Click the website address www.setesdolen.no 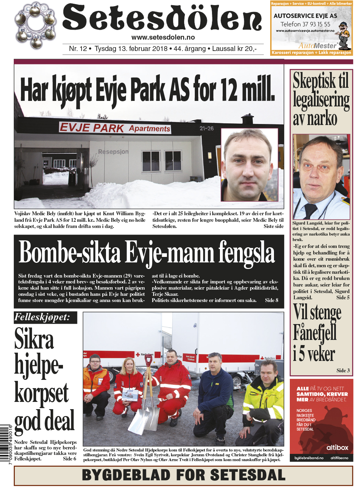point(163,38)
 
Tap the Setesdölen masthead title point(162,18)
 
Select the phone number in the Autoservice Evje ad point(305,24)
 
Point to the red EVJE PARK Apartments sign point(115,128)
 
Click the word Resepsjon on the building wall point(113,152)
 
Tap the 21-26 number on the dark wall point(207,128)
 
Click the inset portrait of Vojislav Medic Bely point(249,165)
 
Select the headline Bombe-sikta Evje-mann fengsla point(147,253)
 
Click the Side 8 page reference point(272,300)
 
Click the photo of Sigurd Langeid point(321,177)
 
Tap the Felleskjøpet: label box point(45,317)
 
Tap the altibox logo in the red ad point(337,447)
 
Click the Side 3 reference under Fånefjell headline point(343,371)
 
